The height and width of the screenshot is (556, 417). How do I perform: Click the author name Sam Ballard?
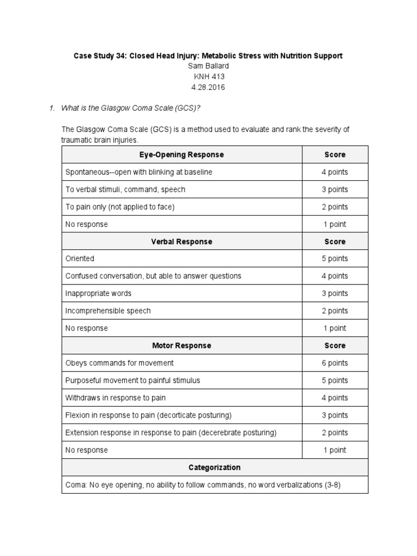(208, 66)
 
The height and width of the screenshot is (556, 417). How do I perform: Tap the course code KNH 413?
(208, 77)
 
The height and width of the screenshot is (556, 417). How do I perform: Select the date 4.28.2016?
(208, 87)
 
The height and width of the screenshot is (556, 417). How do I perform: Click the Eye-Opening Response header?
(182, 155)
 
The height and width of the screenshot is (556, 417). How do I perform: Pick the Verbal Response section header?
(182, 242)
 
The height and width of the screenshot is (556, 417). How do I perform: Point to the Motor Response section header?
(182, 345)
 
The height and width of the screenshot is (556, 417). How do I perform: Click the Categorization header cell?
(214, 467)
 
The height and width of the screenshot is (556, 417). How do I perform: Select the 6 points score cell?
(335, 363)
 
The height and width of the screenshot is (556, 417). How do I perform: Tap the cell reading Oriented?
(80, 259)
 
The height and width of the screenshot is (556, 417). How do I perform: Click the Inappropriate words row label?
(98, 294)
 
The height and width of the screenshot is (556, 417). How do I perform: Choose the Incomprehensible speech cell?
(108, 311)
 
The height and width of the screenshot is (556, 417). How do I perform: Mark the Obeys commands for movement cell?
(119, 363)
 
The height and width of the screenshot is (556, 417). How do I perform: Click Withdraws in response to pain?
(116, 398)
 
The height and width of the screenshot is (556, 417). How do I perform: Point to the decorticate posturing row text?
(148, 415)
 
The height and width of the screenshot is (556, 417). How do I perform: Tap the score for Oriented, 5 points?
(335, 259)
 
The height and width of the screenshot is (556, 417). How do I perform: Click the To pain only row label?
(120, 207)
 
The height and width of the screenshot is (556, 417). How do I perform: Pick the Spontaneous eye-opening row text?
(139, 172)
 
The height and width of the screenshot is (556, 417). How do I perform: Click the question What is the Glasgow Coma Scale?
(131, 108)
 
